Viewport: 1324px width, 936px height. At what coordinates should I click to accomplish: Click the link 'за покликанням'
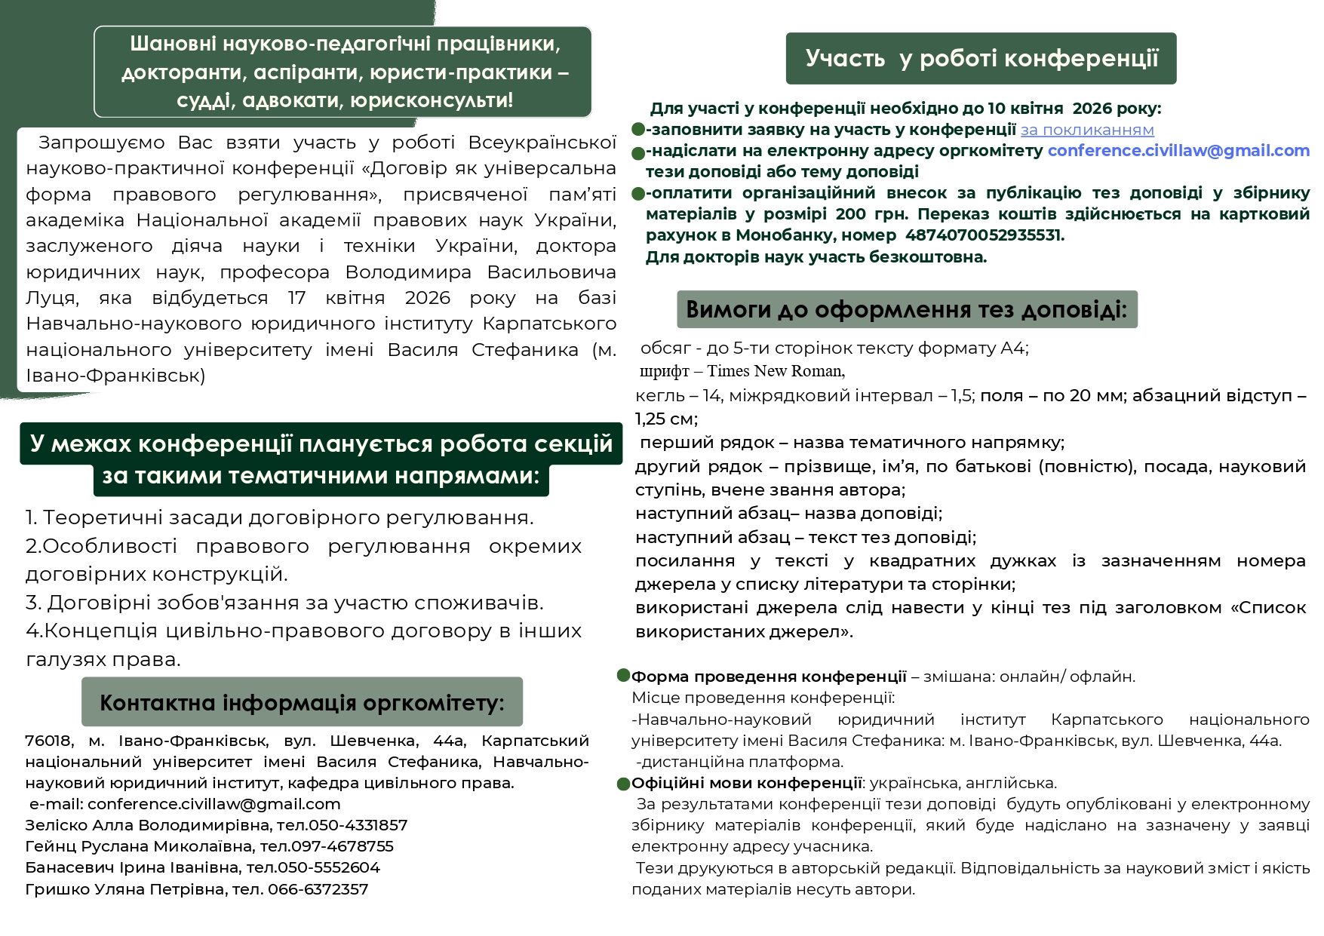[1087, 130]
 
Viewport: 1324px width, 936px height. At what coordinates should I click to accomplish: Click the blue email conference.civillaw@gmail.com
[1178, 151]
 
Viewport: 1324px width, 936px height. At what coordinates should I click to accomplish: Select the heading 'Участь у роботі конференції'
[981, 59]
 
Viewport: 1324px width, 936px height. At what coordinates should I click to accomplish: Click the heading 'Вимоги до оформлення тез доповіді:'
[906, 310]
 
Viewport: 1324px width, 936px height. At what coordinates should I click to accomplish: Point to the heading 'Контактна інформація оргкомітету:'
[302, 703]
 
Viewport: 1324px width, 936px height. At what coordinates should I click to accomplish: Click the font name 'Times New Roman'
[775, 371]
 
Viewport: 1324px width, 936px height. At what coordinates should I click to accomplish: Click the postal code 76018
[48, 741]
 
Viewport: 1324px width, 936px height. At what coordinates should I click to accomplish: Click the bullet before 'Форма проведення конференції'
[623, 675]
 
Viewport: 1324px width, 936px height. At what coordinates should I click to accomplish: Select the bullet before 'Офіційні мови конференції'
[623, 784]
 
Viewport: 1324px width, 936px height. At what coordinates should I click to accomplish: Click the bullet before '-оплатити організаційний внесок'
[638, 194]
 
